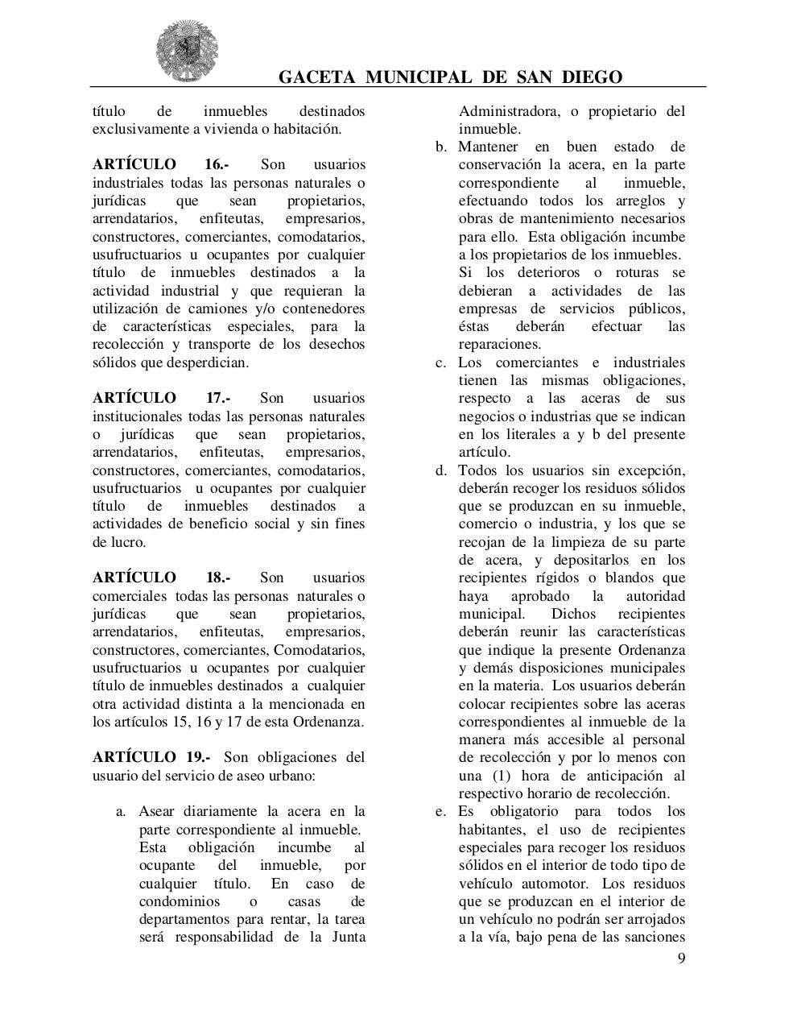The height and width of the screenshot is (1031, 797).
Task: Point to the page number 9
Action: (x=682, y=958)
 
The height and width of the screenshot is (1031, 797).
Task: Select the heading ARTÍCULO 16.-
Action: (x=161, y=164)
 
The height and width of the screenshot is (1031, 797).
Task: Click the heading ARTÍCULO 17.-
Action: (x=162, y=398)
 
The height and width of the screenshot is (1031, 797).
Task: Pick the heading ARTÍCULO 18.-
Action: (x=162, y=578)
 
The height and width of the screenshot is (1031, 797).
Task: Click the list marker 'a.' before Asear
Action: (x=122, y=812)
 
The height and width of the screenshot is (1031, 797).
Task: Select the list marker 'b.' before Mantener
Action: (x=441, y=147)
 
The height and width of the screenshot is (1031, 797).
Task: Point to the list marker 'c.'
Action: (x=441, y=362)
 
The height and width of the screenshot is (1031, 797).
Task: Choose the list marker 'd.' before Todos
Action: (x=441, y=470)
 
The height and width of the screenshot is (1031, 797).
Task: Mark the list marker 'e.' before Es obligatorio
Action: (x=441, y=811)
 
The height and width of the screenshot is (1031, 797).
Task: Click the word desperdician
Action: (x=207, y=362)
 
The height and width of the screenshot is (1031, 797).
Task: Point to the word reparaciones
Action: (x=499, y=345)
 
